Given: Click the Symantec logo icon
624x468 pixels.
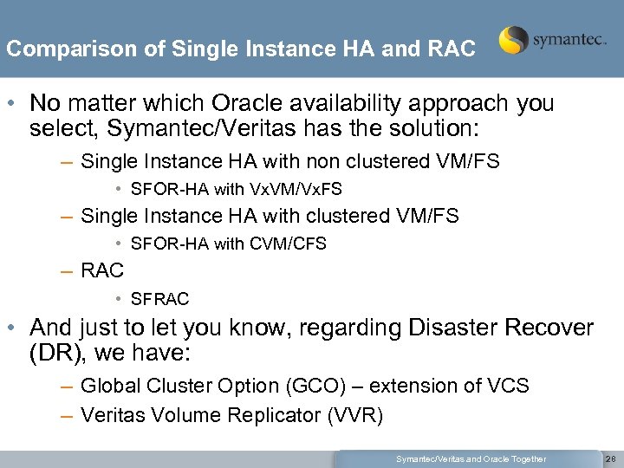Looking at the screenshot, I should coord(514,40).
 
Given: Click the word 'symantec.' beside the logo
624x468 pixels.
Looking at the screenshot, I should coord(569,41).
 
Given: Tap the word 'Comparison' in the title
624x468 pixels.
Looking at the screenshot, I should coord(58,49).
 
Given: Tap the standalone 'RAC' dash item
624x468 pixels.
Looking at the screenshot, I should coord(102,270).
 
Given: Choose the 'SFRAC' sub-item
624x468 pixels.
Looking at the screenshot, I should coord(159,299).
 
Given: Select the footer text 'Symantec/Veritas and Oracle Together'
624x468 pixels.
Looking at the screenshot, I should coord(471,458).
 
